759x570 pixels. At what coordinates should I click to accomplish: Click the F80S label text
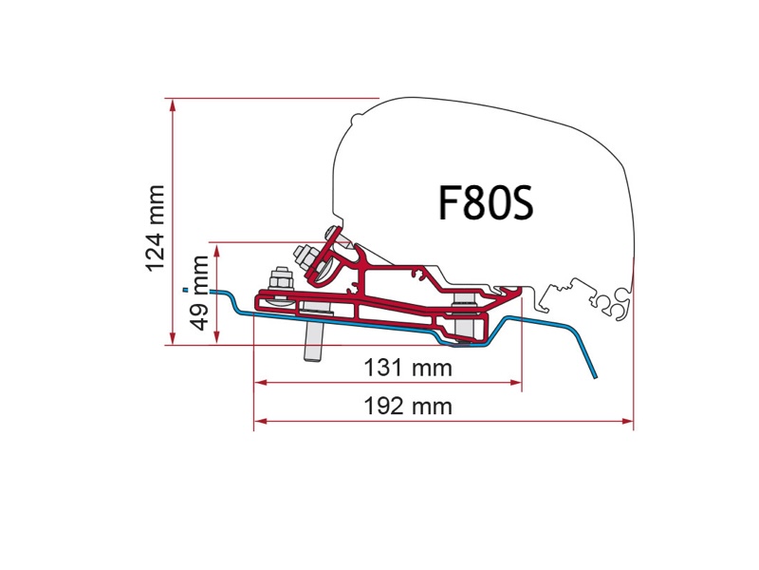[x=487, y=202]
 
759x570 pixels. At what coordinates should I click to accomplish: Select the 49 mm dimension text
[x=198, y=293]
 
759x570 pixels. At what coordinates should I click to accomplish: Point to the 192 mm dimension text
[x=409, y=407]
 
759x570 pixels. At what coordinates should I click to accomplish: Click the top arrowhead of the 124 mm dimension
[x=172, y=104]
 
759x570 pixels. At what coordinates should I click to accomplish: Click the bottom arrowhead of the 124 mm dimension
[x=172, y=339]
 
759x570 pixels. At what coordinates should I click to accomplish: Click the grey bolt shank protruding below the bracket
[x=312, y=345]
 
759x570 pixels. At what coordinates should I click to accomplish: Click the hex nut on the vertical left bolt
[x=279, y=281]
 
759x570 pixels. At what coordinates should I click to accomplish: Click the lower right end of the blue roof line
[x=596, y=376]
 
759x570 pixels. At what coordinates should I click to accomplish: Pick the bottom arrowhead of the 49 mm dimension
[x=218, y=339]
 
